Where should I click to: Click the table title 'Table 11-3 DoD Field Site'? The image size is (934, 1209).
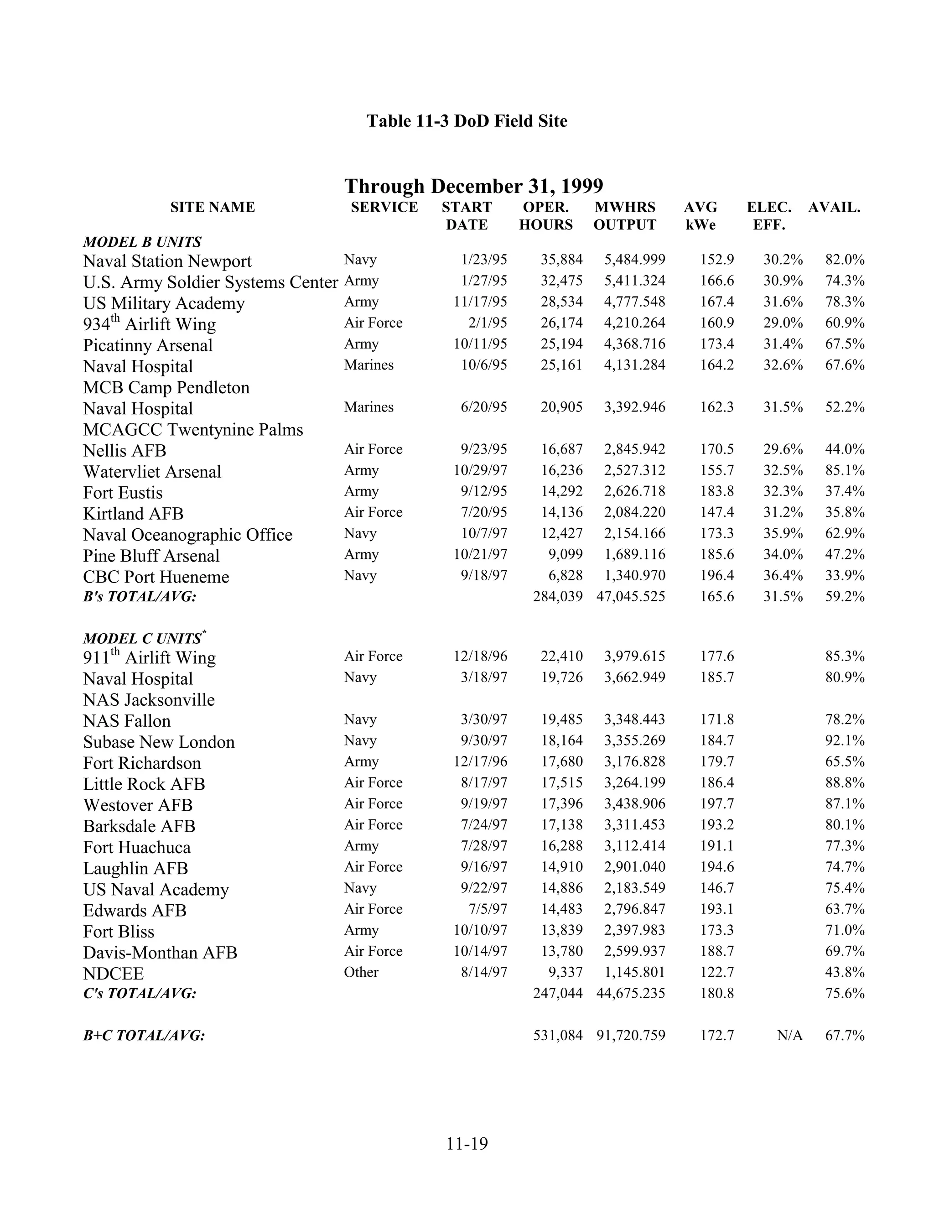pyautogui.click(x=467, y=121)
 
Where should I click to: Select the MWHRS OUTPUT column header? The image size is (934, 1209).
pyautogui.click(x=625, y=216)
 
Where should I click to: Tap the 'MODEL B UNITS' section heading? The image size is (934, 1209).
pyautogui.click(x=142, y=242)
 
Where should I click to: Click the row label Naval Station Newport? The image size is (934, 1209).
pyautogui.click(x=167, y=261)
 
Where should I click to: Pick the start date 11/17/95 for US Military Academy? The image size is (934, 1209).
pyautogui.click(x=480, y=302)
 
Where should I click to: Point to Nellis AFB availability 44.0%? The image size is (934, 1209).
pyautogui.click(x=844, y=449)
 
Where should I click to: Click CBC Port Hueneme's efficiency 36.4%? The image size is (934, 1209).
pyautogui.click(x=783, y=576)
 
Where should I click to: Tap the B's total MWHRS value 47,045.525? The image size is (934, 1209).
pyautogui.click(x=630, y=597)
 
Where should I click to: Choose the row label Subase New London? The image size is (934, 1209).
pyautogui.click(x=159, y=742)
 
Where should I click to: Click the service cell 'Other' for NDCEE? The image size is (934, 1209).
pyautogui.click(x=361, y=972)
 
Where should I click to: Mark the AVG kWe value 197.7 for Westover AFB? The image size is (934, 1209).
pyautogui.click(x=716, y=804)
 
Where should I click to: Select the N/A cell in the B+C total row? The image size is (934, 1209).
pyautogui.click(x=789, y=1035)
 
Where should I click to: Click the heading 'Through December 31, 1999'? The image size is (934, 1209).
pyautogui.click(x=474, y=186)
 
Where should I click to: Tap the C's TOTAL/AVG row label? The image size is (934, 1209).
pyautogui.click(x=140, y=993)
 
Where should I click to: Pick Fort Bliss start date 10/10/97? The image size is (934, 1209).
pyautogui.click(x=480, y=930)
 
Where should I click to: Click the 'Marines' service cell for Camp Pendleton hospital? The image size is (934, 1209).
pyautogui.click(x=368, y=365)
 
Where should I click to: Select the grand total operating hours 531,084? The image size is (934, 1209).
pyautogui.click(x=557, y=1035)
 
